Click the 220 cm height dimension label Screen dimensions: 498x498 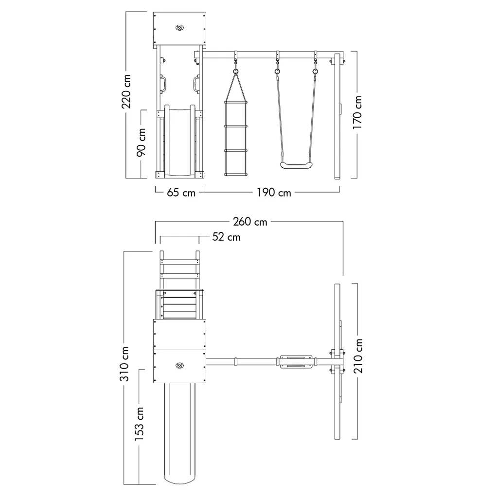[x=126, y=91]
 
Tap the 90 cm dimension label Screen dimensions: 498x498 [x=142, y=142]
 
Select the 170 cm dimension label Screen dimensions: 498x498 [x=357, y=112]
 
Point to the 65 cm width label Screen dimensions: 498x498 [x=181, y=193]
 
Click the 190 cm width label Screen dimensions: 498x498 [x=274, y=193]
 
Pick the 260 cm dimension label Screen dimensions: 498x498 [x=250, y=222]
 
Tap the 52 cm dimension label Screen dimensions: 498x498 [x=226, y=237]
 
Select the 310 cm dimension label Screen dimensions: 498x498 [x=124, y=364]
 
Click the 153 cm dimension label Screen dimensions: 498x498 [x=139, y=424]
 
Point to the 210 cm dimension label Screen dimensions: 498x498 [x=357, y=356]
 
